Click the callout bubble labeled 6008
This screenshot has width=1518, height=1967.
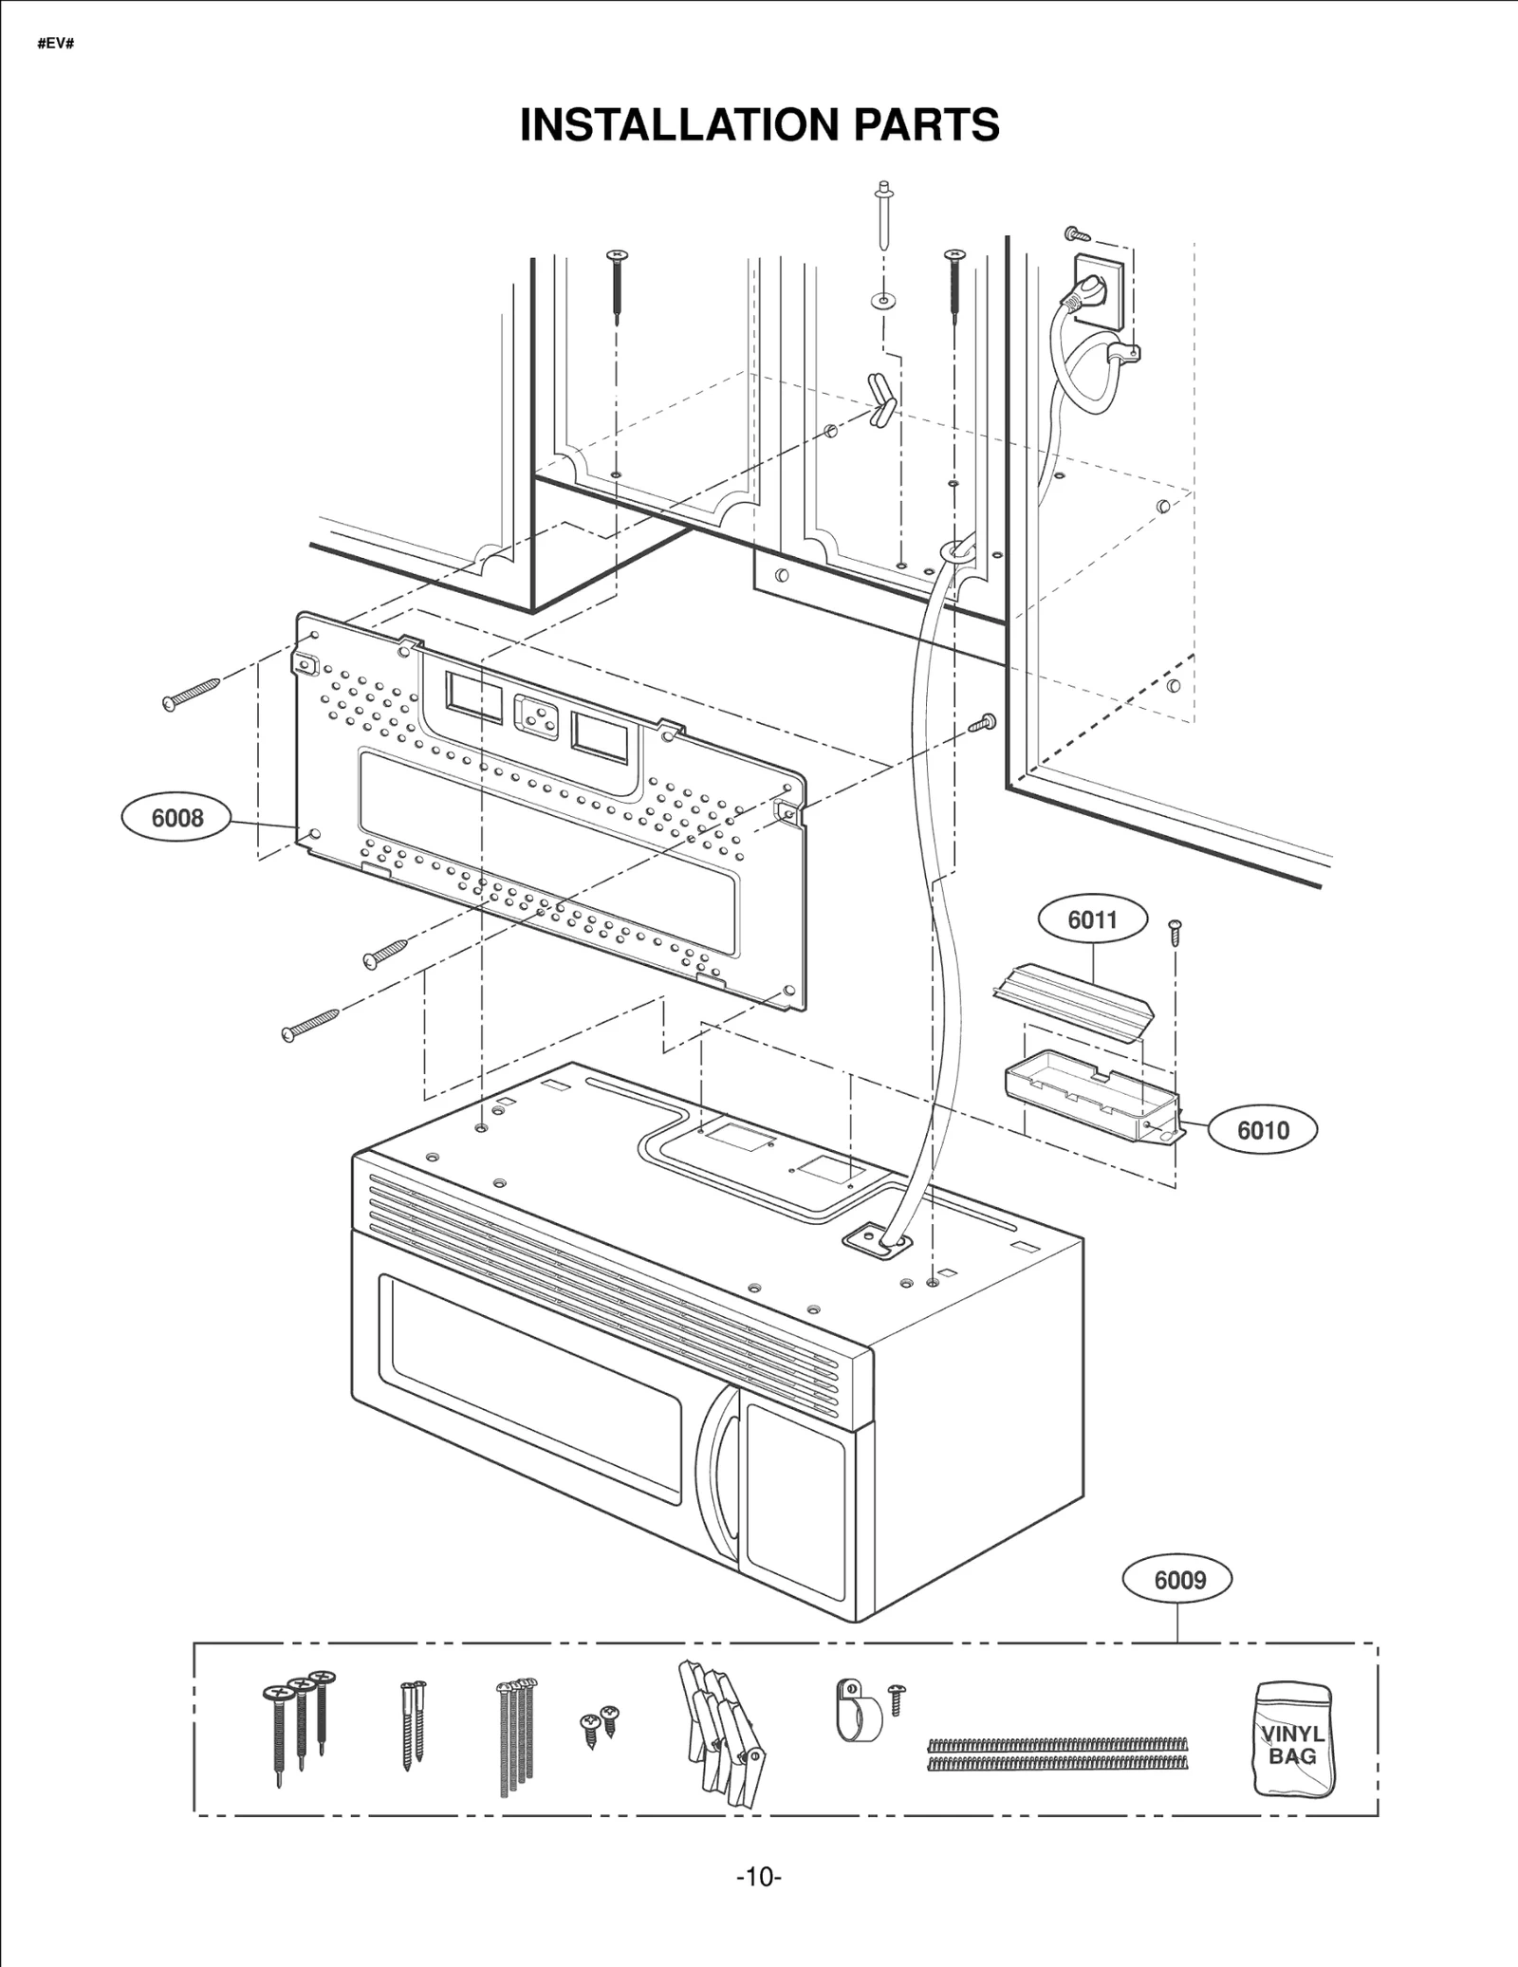[176, 817]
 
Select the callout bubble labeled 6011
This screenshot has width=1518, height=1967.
[1092, 919]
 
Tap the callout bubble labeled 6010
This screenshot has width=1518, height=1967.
[1262, 1130]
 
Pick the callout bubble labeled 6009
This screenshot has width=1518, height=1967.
[1177, 1580]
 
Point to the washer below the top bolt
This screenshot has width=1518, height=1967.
[883, 302]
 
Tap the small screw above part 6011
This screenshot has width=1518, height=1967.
[1176, 932]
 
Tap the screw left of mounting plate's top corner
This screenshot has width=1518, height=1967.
[192, 693]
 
